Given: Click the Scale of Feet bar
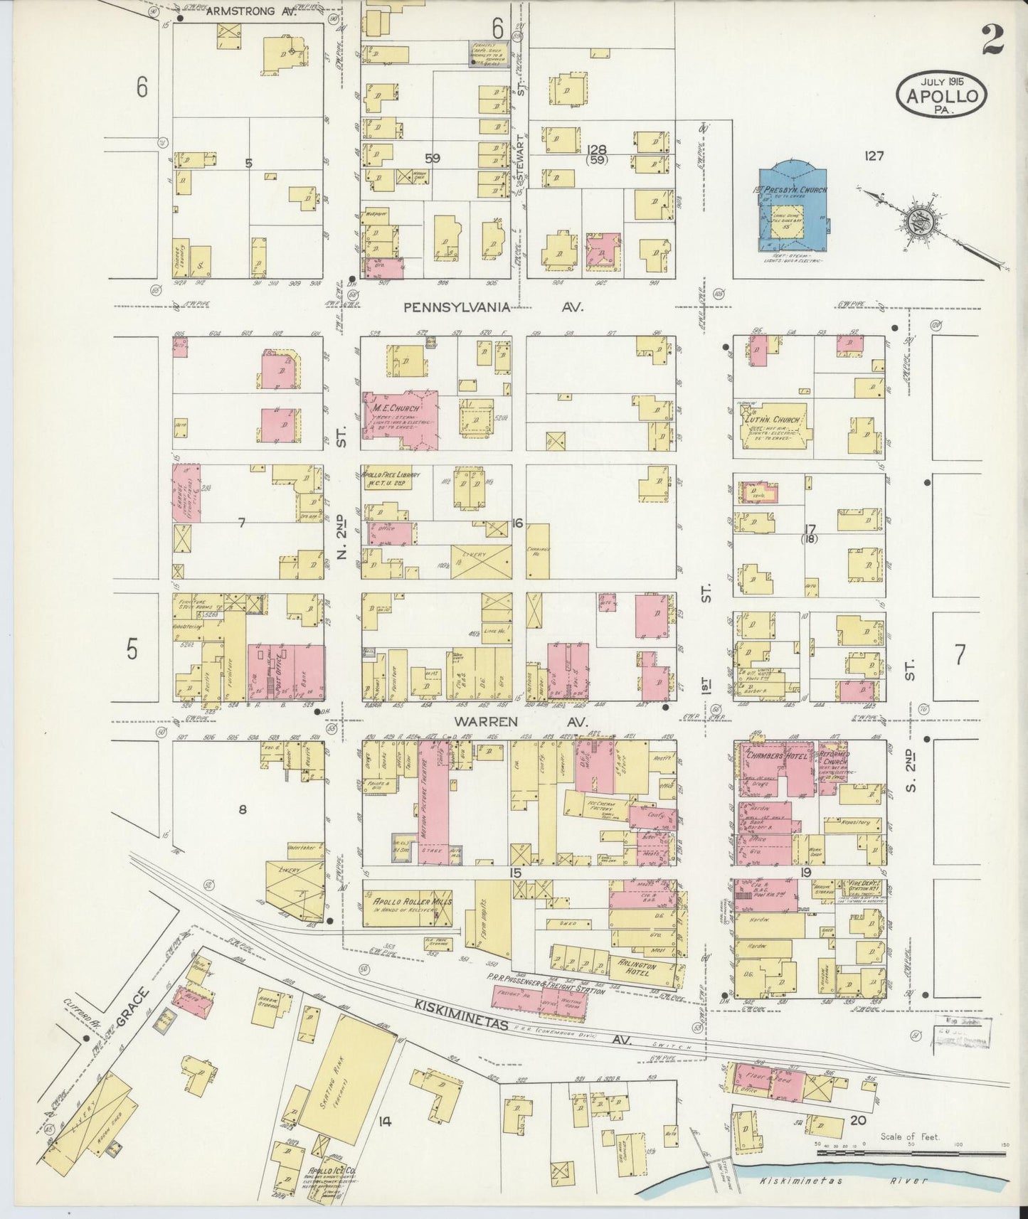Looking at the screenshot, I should click(911, 1151).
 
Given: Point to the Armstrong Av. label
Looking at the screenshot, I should click(241, 11).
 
